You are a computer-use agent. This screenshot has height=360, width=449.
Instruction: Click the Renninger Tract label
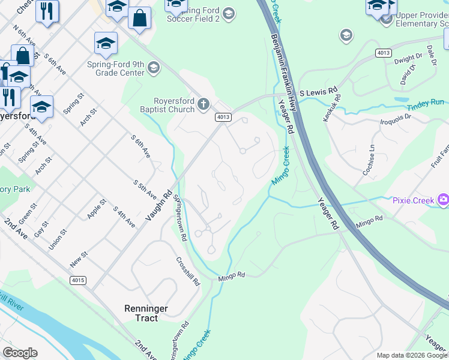click(x=146, y=313)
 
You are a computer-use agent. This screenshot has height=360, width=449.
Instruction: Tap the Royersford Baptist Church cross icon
click(x=203, y=105)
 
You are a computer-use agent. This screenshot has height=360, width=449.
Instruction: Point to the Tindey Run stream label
click(x=426, y=106)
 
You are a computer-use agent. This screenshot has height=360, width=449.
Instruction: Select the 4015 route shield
click(x=77, y=280)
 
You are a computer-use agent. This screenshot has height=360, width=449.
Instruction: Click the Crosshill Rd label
click(x=187, y=272)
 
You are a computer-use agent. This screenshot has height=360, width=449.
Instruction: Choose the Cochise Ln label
click(x=369, y=160)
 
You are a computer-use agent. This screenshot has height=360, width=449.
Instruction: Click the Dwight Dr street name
click(x=408, y=58)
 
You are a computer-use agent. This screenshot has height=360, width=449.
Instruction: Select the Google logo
click(x=20, y=353)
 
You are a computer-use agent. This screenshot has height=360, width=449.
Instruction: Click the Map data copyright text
click(x=412, y=355)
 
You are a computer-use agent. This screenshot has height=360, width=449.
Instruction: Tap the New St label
click(x=79, y=259)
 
